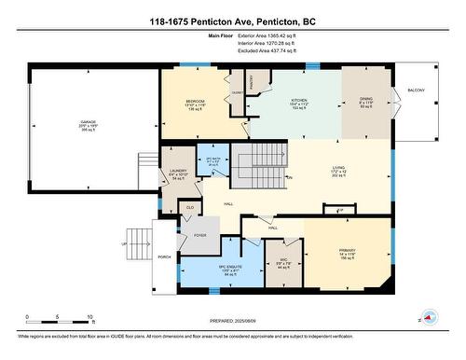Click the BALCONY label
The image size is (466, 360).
point(416,90)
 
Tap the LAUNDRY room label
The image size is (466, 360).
point(179,171)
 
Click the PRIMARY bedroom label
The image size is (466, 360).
point(349,250)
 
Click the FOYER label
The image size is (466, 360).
point(199,236)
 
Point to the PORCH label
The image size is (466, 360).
point(164,256)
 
